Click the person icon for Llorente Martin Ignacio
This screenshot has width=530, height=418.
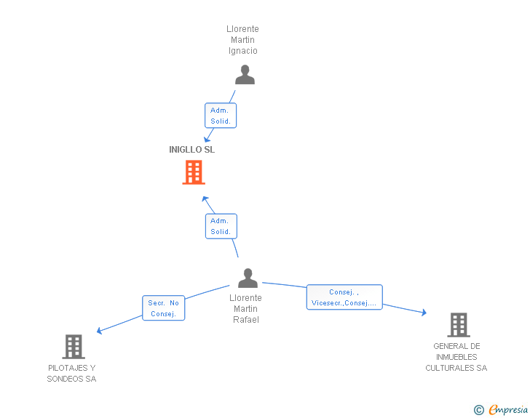pos(245,75)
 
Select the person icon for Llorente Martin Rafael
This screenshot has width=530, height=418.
pos(248,278)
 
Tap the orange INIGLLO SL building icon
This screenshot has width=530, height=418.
pos(194,172)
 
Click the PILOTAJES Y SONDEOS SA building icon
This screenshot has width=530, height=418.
pos(74,347)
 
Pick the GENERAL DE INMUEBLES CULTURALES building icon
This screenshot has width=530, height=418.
pos(459,325)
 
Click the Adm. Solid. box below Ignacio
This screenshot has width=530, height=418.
pos(221,116)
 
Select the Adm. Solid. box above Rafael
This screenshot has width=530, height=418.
pos(221,226)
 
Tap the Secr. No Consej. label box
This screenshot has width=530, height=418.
pos(164,308)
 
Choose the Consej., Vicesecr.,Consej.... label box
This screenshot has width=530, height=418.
pos(344,297)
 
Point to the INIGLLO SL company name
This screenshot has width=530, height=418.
pos(191,150)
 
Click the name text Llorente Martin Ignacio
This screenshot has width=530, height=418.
pos(242,40)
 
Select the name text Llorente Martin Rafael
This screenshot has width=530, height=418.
pos(246,309)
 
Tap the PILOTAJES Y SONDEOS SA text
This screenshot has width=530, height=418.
pos(71,373)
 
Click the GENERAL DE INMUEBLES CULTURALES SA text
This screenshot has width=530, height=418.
pos(456,357)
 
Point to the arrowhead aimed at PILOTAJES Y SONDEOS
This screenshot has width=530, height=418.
pos(99,331)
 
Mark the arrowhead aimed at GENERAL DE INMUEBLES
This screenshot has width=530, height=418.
pos(424,313)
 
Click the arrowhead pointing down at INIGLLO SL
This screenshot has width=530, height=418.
pos(207,139)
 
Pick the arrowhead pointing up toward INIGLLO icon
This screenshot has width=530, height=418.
pos(205,199)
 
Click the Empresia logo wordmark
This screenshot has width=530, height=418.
pos(508,409)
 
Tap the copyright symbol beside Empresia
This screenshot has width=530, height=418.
pos(478,410)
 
